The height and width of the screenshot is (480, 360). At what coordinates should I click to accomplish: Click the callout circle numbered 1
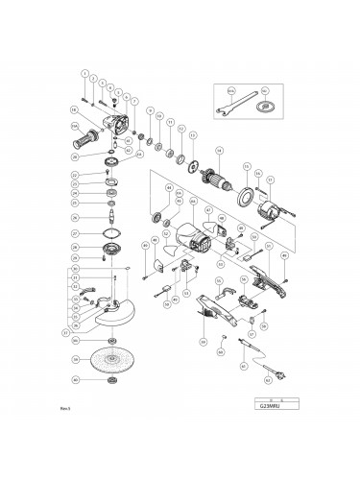click(84, 74)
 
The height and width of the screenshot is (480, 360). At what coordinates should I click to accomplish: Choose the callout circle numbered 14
click(220, 150)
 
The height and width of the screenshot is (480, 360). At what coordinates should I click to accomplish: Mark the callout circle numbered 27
click(75, 232)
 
